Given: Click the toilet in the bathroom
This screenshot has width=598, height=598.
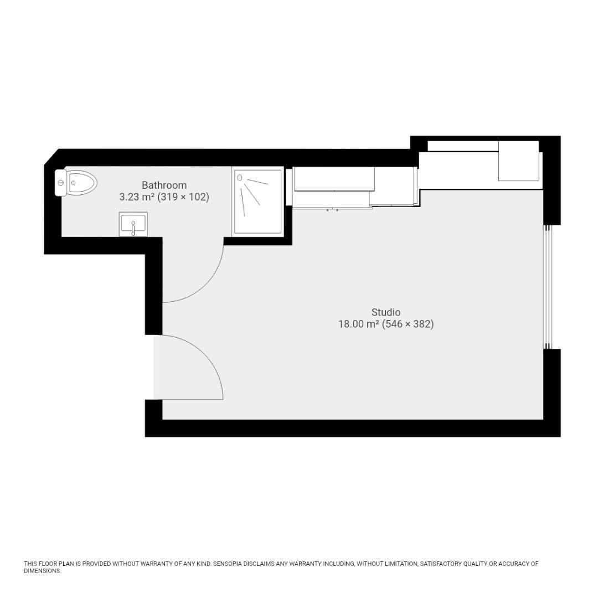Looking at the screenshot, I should coord(80,183).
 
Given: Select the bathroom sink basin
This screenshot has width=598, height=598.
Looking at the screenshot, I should coord(133,223).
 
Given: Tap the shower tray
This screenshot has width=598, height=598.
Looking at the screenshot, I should coord(257,202).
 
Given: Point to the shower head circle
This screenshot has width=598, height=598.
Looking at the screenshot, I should coord(240,178).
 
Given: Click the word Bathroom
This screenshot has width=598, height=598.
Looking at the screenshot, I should coord(164,185).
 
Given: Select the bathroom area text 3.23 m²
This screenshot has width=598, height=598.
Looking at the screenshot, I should coord(137,197).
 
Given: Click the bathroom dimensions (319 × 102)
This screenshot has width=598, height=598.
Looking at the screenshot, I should coord(183,197).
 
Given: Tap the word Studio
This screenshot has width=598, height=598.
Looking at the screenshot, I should coord(385,312).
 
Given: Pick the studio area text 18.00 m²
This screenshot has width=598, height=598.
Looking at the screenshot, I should coord(358,324).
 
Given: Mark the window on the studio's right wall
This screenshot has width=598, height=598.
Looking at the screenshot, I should coord(547,287).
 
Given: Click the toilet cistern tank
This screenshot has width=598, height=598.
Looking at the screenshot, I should coord(60,183).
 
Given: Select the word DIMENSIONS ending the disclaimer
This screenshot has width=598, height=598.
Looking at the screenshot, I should coord(42,571).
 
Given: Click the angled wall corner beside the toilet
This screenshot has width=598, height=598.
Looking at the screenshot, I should coord(52,157).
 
